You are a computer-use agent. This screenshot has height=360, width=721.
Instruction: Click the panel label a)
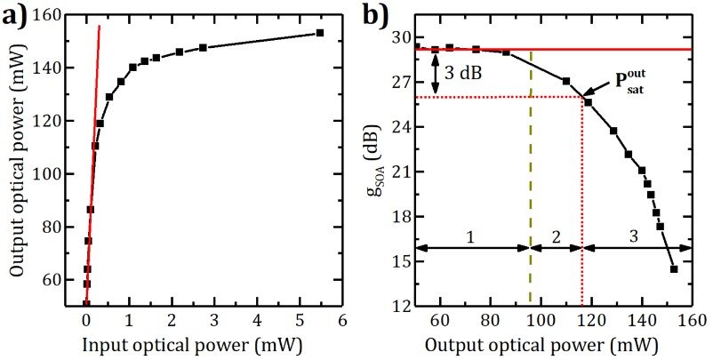pyautogui.click(x=18, y=17)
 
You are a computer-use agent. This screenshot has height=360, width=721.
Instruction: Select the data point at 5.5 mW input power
pyautogui.click(x=320, y=33)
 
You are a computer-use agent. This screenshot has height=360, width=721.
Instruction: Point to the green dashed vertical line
pyautogui.click(x=531, y=178)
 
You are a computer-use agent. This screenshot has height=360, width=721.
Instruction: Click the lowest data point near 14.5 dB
pyautogui.click(x=674, y=269)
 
